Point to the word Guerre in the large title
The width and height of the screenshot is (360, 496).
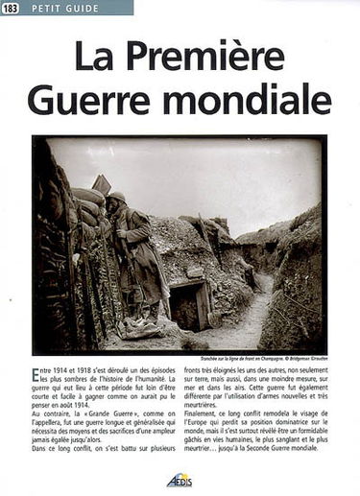pyautogui.click(x=91, y=97)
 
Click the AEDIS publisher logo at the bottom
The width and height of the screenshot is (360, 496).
pyautogui.click(x=178, y=483)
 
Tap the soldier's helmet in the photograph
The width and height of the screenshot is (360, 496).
pyautogui.click(x=117, y=196)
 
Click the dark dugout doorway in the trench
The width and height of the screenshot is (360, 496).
pyautogui.click(x=185, y=305)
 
